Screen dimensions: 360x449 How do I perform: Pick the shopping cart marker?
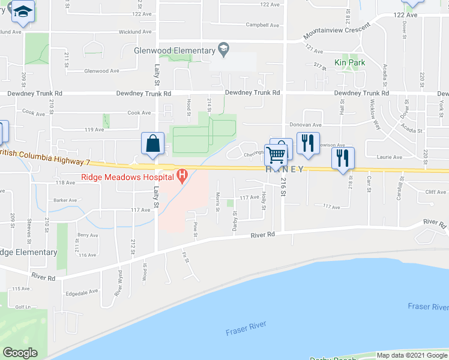tap(276, 154)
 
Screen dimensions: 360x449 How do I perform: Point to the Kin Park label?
tap(349, 62)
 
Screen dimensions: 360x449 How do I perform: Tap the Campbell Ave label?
tap(263, 25)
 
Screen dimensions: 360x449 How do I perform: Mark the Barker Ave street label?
tap(65, 200)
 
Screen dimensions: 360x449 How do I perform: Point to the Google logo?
tap(20, 353)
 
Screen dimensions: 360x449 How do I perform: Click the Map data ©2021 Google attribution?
tap(411, 355)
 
